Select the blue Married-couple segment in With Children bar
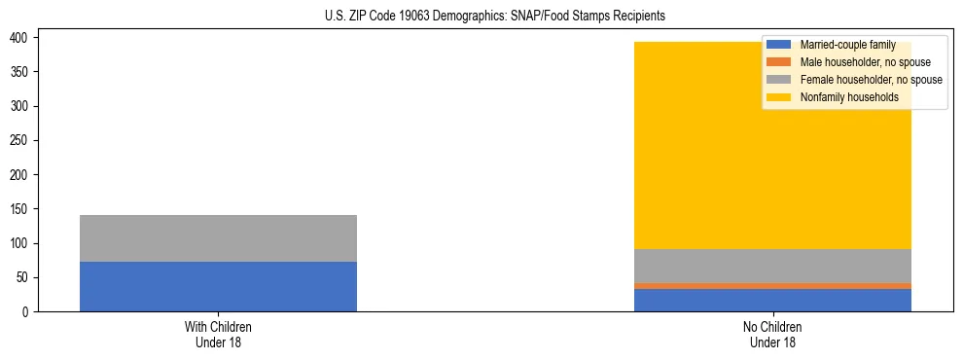click(x=218, y=286)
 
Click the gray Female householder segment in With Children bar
click(x=218, y=238)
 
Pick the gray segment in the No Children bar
click(x=772, y=266)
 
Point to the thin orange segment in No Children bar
click(x=772, y=286)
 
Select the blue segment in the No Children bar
click(x=772, y=300)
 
